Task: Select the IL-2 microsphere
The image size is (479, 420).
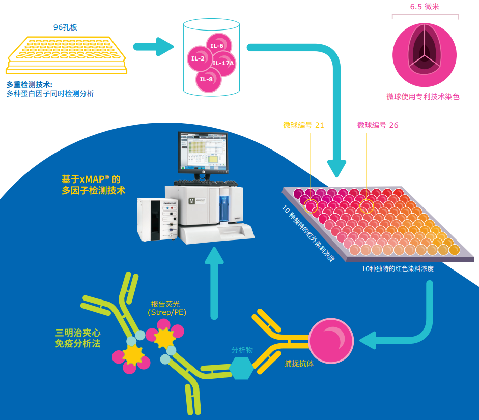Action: pos(199,58)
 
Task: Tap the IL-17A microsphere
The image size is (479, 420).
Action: pos(223,64)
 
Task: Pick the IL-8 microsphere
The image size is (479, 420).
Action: pos(207,79)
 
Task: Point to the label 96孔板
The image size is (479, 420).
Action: pos(65,27)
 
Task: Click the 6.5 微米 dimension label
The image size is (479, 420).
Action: pos(425,7)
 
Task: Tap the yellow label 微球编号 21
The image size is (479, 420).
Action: pos(303,125)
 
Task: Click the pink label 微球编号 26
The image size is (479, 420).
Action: pos(377,125)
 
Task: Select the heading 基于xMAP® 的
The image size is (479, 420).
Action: pos(91,179)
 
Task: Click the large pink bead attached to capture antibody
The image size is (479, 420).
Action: pos(331,340)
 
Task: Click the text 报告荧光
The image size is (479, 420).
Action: pos(165,304)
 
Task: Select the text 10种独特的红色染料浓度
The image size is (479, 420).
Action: pos(398,268)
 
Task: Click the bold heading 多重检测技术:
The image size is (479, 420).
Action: pos(29,84)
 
